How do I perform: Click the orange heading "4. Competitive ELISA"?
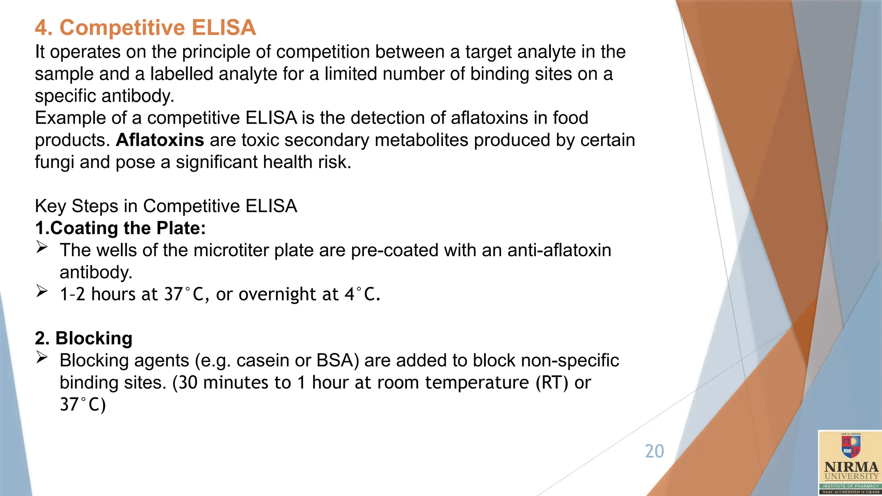click(145, 28)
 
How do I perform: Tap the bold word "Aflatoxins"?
click(160, 140)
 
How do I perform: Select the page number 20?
click(654, 451)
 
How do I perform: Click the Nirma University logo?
click(850, 463)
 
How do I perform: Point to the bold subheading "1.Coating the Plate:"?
click(120, 228)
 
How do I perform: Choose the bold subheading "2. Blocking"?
click(84, 338)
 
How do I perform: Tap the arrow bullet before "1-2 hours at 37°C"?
click(42, 291)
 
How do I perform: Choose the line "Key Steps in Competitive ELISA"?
click(166, 206)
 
